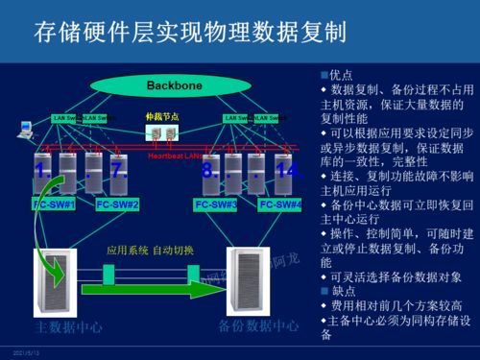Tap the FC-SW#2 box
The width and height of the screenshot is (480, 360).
coord(118,204)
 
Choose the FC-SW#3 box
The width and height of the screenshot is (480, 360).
coord(215,204)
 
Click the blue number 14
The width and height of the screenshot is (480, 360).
coord(287,171)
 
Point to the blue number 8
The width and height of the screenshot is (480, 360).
coord(208,171)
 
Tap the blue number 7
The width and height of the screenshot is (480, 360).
coord(119,171)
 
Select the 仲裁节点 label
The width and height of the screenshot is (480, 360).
coord(160,115)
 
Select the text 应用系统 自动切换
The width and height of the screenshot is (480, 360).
coord(149,252)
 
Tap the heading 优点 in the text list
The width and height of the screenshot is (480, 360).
coord(342,74)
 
